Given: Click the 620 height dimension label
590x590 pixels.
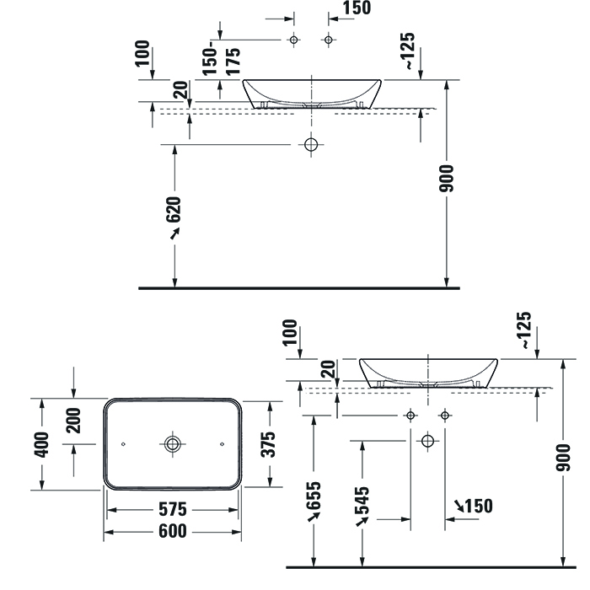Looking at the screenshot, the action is point(174,209).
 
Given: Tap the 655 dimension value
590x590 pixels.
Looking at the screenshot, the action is point(314,496).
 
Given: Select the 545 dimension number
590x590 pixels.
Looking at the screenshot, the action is point(362,501).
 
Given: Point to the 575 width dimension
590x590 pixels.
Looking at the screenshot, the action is point(173,509).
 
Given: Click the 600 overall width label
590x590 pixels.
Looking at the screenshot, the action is point(173,531).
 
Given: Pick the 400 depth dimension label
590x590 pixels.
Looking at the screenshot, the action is point(41,445).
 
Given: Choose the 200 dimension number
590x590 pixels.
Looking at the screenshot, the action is point(73,421).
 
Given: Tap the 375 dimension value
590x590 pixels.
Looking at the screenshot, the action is point(268,444).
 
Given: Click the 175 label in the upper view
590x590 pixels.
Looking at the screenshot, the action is point(233,62).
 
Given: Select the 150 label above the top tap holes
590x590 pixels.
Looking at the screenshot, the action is point(357,8).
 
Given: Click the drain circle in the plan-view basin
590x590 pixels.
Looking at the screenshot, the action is point(173,444).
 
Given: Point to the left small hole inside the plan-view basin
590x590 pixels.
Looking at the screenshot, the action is point(123,444).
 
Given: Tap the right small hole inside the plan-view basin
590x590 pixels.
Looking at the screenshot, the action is point(222,444).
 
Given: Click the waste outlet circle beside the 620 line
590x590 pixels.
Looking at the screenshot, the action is point(311,144).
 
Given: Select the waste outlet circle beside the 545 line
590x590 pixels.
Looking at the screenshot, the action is point(428,441).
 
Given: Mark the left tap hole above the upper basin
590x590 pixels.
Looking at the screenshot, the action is point(294,40).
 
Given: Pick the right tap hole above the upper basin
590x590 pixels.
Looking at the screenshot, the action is point(329,40).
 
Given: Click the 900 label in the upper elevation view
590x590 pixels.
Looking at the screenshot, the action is point(446,179).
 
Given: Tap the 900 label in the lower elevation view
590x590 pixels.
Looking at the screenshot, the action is point(563,458).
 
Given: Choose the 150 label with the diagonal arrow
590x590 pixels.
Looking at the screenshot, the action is point(479,506).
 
